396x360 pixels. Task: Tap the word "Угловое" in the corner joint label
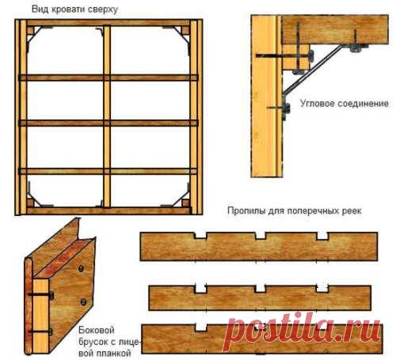(317, 103)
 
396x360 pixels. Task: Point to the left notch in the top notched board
(200, 236)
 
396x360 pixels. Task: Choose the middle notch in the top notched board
(261, 236)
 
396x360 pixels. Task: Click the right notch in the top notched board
(322, 236)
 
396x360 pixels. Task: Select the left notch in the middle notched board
(200, 289)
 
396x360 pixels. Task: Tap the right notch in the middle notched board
(322, 289)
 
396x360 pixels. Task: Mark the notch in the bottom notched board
(201, 328)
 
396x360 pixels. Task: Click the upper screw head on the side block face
(81, 269)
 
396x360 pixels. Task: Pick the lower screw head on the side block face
(83, 301)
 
